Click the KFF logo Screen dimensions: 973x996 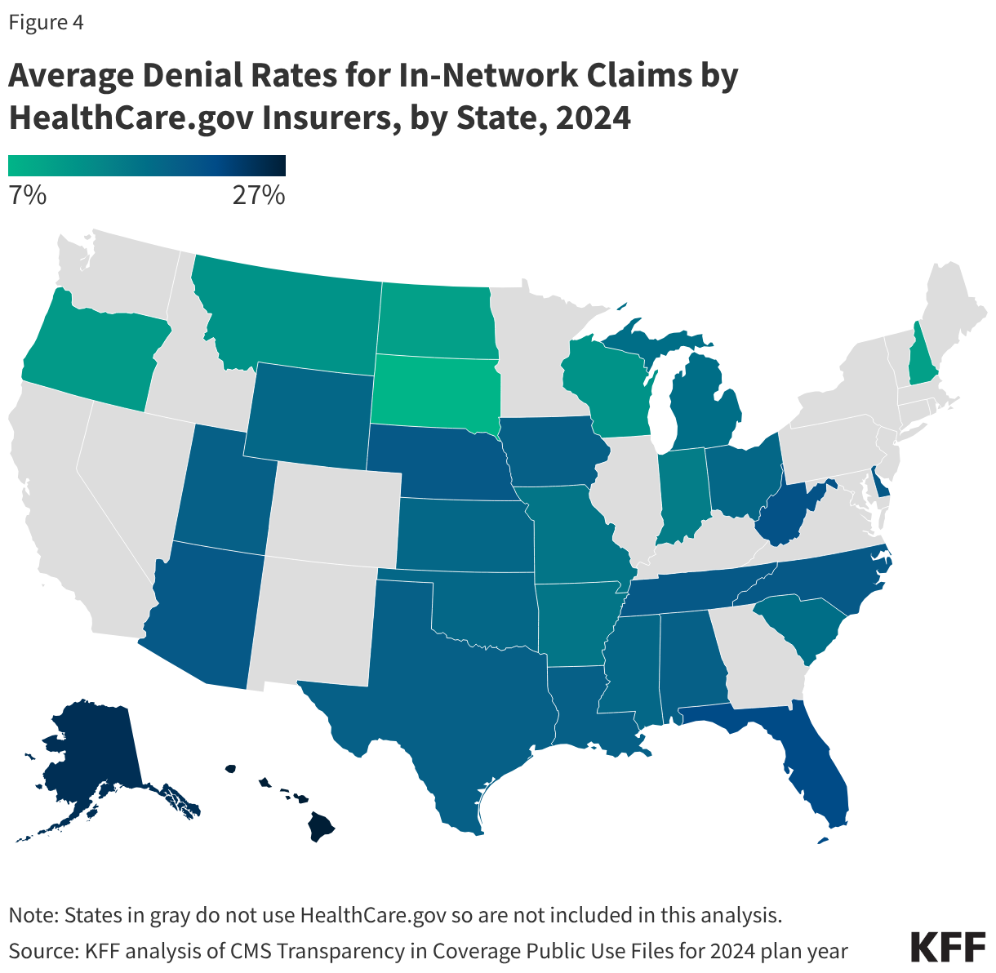click(947, 947)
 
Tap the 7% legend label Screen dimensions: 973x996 click(27, 196)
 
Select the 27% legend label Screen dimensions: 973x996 click(258, 196)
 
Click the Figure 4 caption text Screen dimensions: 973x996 click(46, 23)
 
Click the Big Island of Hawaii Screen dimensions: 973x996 click(321, 829)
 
